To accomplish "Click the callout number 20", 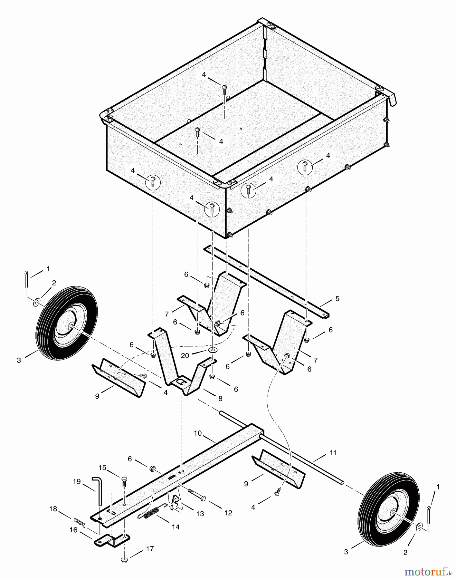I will pyautogui.click(x=185, y=355).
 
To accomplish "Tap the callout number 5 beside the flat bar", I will pyautogui.click(x=337, y=299).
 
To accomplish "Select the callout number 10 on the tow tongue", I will pyautogui.click(x=198, y=433).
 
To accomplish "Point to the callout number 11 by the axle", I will pyautogui.click(x=333, y=453).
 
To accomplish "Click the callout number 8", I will pyautogui.click(x=220, y=399).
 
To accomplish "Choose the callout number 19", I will pyautogui.click(x=77, y=482).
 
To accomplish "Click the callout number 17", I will pyautogui.click(x=150, y=548).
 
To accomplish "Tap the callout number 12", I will pyautogui.click(x=228, y=513).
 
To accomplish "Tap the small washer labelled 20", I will pyautogui.click(x=212, y=350).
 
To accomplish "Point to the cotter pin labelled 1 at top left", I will pyautogui.click(x=27, y=278).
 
